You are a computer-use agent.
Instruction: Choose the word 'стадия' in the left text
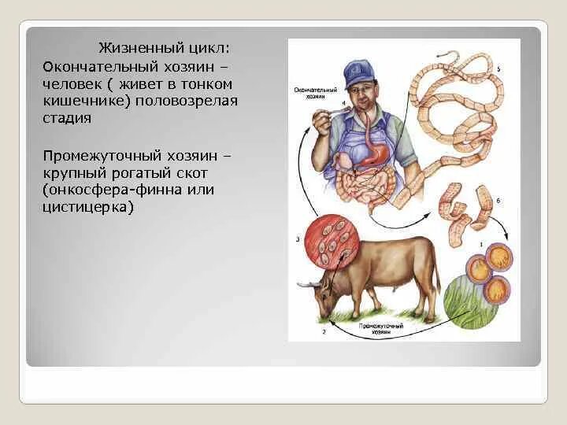[x=67, y=119]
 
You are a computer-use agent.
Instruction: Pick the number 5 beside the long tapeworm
[x=498, y=69]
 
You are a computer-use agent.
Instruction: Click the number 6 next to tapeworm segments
[x=498, y=201]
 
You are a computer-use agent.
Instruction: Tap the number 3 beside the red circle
[x=297, y=238]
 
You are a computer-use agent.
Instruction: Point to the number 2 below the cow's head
[x=323, y=332]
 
